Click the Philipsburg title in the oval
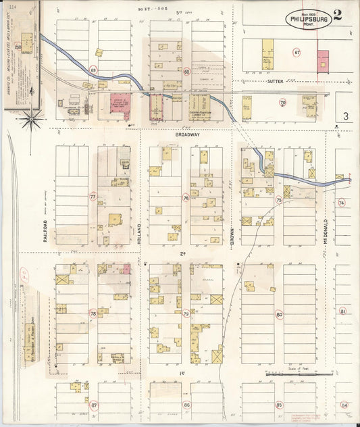pyautogui.click(x=309, y=20)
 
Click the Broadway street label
pyautogui.click(x=188, y=134)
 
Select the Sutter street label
pyautogui.click(x=275, y=81)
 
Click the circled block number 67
pyautogui.click(x=297, y=51)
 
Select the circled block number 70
pyautogui.click(x=282, y=103)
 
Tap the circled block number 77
pyautogui.click(x=93, y=197)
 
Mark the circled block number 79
pyautogui.click(x=186, y=313)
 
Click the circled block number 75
pyautogui.click(x=278, y=200)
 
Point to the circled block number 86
pyautogui.click(x=186, y=405)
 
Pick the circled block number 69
pyautogui.click(x=93, y=70)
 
